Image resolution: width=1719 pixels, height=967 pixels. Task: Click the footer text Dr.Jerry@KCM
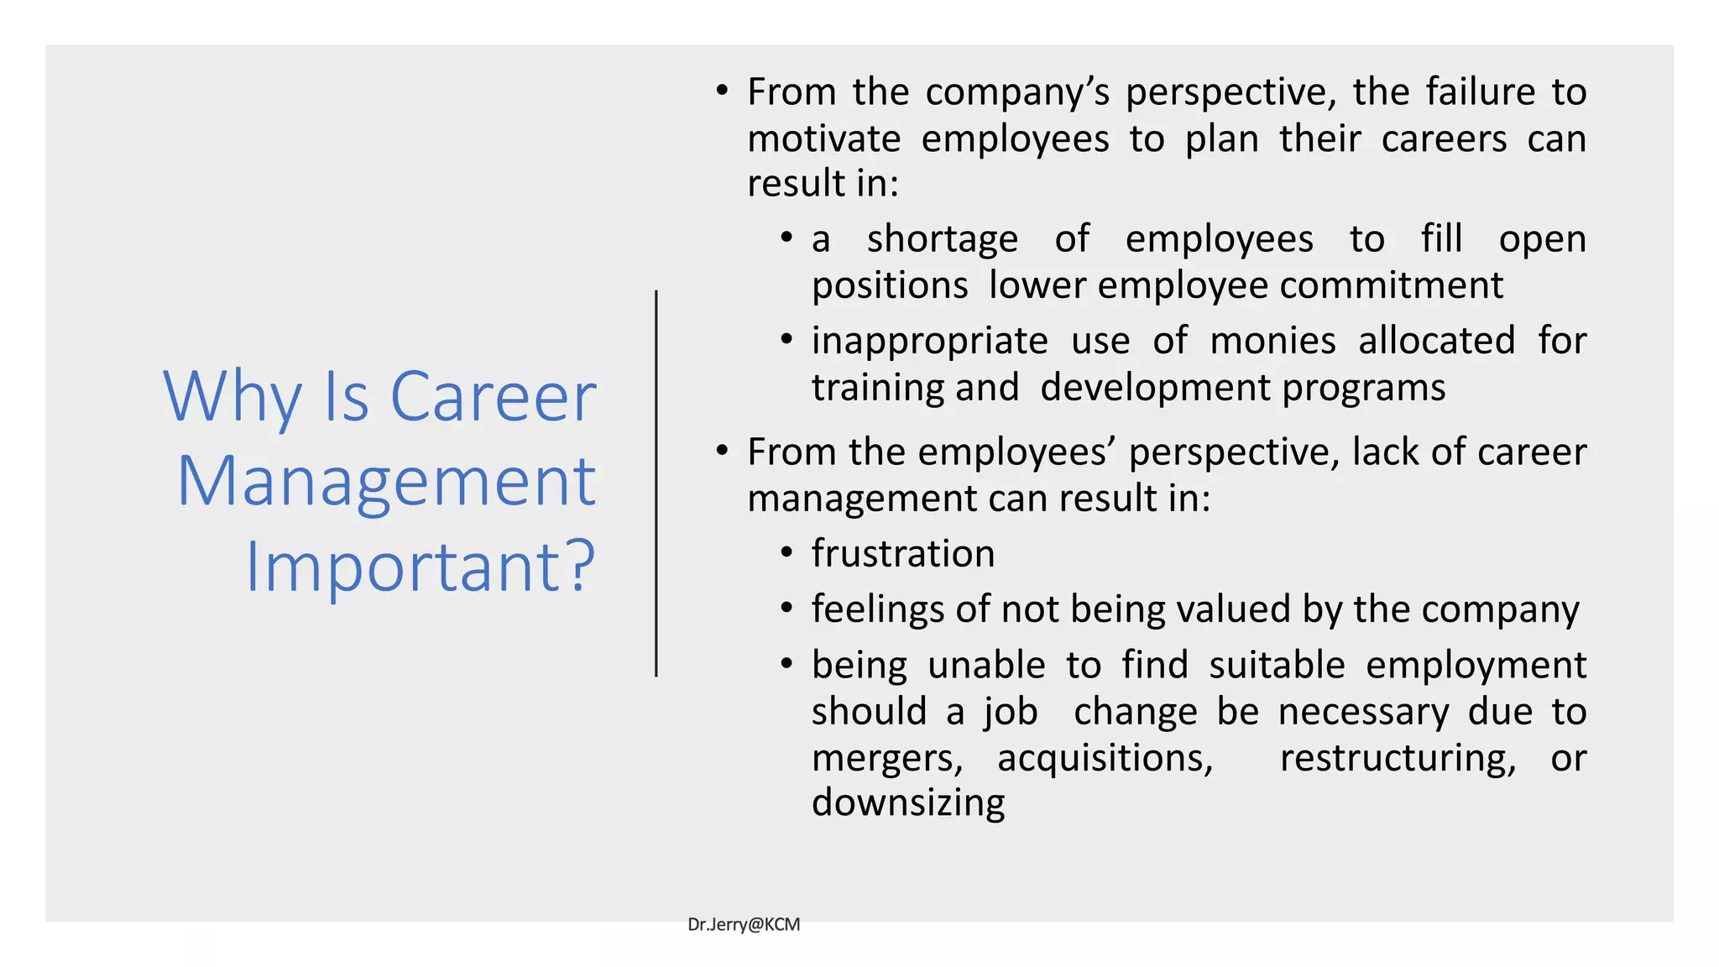click(744, 924)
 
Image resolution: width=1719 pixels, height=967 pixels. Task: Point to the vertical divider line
click(656, 483)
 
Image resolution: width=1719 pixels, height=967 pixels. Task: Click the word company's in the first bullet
click(1017, 91)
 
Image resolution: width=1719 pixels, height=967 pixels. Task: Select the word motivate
click(824, 139)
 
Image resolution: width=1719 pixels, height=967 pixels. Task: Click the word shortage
click(943, 239)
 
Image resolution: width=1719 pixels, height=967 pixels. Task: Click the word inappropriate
click(930, 342)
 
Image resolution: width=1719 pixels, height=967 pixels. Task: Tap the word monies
click(1272, 341)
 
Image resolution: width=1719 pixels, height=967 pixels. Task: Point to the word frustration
click(903, 554)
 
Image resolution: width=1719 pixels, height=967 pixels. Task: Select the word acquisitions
click(1105, 758)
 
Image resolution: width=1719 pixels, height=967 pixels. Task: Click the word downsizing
click(908, 803)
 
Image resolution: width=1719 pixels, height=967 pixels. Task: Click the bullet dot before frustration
click(786, 553)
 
